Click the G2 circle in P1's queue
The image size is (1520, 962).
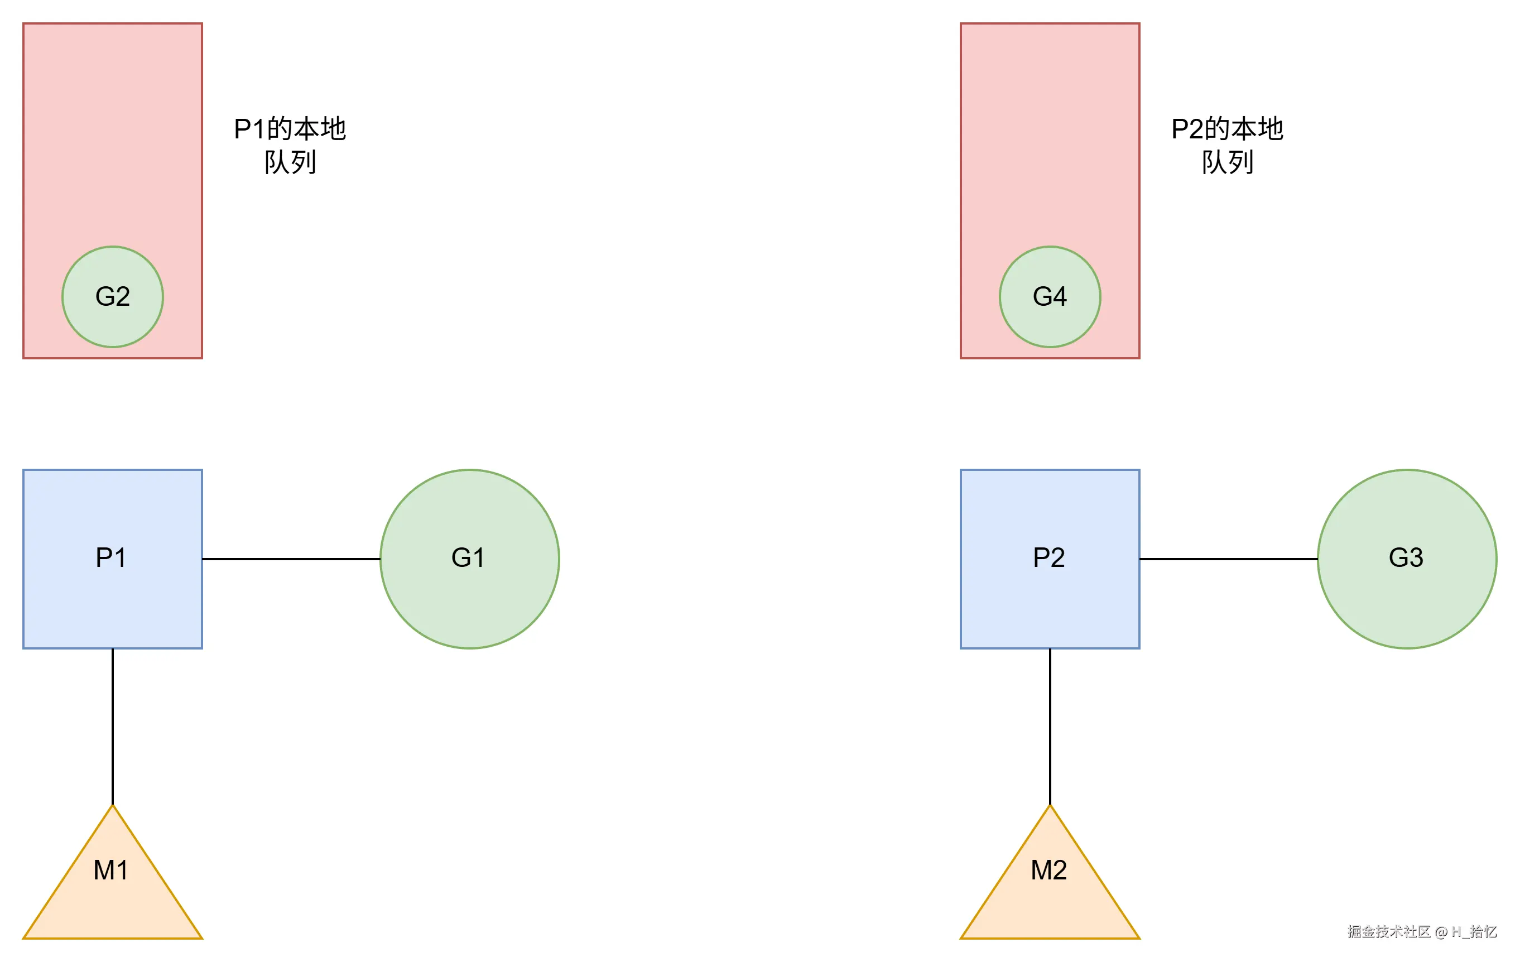click(112, 297)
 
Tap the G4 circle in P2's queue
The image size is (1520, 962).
click(1050, 297)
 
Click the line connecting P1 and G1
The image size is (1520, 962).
click(290, 559)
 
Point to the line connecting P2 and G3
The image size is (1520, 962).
click(1228, 559)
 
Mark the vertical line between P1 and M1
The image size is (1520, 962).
click(112, 726)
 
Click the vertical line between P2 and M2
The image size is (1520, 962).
click(1050, 726)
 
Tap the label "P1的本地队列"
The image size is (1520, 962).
click(290, 145)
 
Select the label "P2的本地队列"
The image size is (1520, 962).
click(1227, 145)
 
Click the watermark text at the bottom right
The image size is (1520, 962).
click(1422, 932)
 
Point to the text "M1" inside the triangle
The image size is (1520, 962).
click(111, 870)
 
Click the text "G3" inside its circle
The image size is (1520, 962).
click(1406, 557)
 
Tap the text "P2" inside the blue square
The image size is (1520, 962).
click(1048, 557)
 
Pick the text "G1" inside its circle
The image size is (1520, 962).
click(468, 557)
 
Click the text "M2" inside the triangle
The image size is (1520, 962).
click(1048, 870)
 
